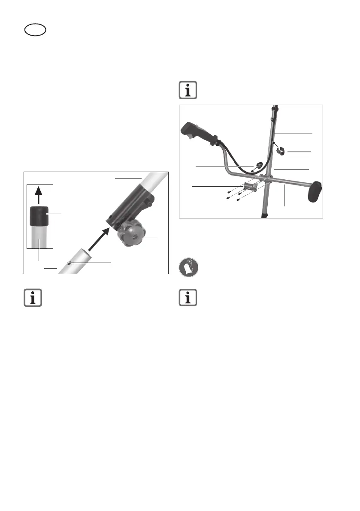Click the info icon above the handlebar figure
(x=188, y=91)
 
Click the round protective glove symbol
(x=188, y=269)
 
